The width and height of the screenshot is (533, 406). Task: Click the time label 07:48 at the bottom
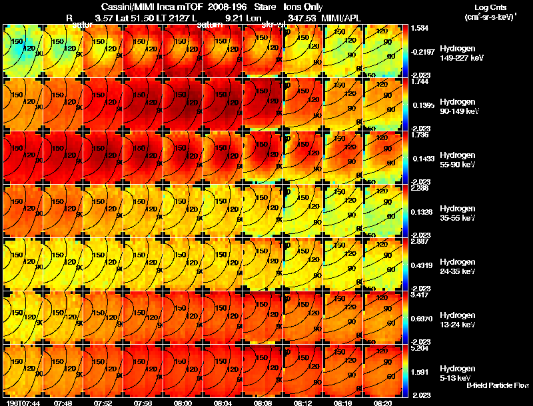point(63,403)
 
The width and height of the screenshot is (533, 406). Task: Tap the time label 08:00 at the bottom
point(183,403)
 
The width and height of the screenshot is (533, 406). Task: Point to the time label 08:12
point(303,403)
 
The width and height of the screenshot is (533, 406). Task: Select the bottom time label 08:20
point(383,403)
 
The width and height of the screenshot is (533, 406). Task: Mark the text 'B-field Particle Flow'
point(498,385)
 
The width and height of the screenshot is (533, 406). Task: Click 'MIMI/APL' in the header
point(341,18)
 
